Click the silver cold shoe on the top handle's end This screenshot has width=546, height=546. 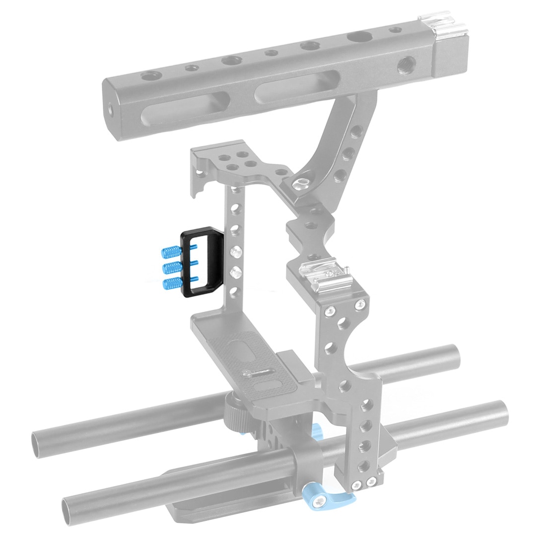[434, 24]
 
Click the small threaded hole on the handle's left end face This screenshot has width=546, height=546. [109, 106]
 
